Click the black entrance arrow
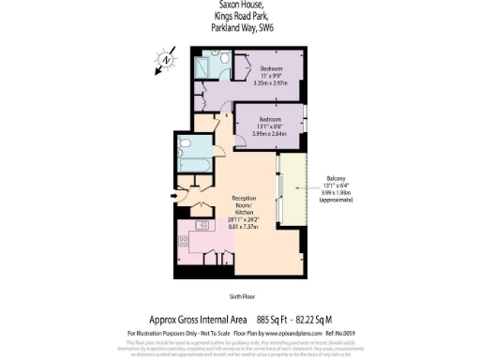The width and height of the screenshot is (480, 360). [x=171, y=196]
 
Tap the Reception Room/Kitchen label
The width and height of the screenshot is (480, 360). [x=245, y=205]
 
